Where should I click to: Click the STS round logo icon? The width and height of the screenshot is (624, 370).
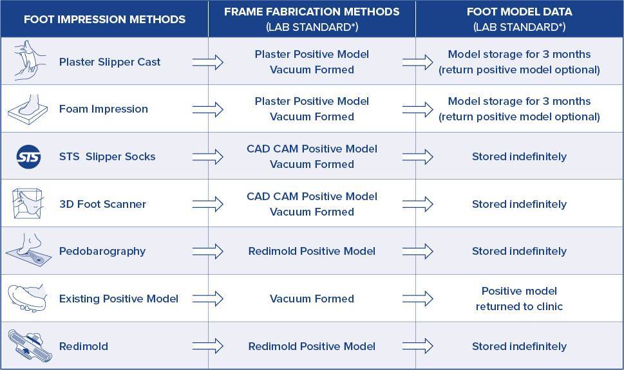pyautogui.click(x=28, y=157)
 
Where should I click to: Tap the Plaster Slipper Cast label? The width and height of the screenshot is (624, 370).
pyautogui.click(x=110, y=62)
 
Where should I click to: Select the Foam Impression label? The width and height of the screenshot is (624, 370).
pyautogui.click(x=104, y=109)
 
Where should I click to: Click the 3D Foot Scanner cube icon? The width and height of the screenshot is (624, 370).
pyautogui.click(x=28, y=203)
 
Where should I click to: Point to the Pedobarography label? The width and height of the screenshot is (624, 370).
pyautogui.click(x=102, y=252)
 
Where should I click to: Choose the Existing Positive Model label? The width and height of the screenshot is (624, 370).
pyautogui.click(x=118, y=299)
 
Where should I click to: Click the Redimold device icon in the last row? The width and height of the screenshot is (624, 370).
pyautogui.click(x=30, y=346)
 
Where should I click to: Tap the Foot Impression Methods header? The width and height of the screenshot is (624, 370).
pyautogui.click(x=105, y=19)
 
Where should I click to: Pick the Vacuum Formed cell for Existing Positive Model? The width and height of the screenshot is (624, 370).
pyautogui.click(x=312, y=299)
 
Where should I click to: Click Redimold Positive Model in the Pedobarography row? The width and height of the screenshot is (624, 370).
pyautogui.click(x=312, y=252)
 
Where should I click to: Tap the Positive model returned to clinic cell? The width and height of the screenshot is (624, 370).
pyautogui.click(x=519, y=299)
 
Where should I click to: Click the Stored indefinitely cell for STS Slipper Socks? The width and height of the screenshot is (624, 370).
pyautogui.click(x=519, y=157)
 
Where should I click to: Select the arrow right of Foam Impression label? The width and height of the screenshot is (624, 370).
pyautogui.click(x=208, y=109)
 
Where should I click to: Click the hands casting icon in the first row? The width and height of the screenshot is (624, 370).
pyautogui.click(x=28, y=60)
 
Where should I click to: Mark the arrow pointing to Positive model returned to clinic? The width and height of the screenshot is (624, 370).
pyautogui.click(x=417, y=299)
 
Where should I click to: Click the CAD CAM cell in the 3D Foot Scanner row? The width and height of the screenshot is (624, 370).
pyautogui.click(x=312, y=204)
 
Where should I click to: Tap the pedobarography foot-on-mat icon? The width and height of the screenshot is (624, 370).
pyautogui.click(x=28, y=250)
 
